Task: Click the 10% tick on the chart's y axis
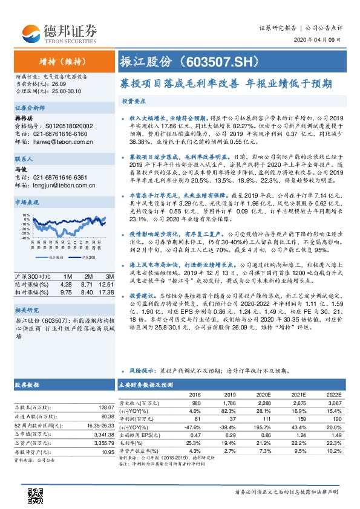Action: coord(25,215)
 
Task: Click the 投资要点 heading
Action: coord(134,101)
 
